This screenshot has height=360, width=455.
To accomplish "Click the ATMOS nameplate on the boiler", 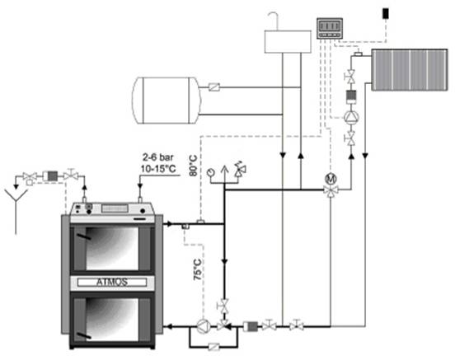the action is click(x=112, y=282).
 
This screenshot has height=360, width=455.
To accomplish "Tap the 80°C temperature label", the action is click(x=193, y=166).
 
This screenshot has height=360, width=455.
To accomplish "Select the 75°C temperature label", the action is click(x=198, y=269).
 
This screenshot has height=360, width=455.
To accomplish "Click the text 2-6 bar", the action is click(x=158, y=157).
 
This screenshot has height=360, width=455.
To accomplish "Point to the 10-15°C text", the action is click(x=158, y=169).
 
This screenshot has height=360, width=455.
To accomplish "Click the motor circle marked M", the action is click(x=331, y=178).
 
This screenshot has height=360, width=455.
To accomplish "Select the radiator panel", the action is click(x=410, y=70).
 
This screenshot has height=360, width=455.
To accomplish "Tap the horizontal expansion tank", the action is click(x=166, y=101).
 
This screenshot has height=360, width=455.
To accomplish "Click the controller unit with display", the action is click(x=330, y=28).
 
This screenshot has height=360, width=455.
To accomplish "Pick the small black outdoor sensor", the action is click(x=386, y=13).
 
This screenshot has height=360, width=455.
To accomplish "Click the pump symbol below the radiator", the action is click(x=351, y=117).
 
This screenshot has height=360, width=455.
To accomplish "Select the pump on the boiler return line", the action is click(x=203, y=326).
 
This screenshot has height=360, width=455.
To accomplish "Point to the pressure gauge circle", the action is click(x=210, y=172).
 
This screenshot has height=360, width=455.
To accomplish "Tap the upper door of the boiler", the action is click(x=112, y=249).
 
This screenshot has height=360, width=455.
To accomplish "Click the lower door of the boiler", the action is click(x=112, y=319).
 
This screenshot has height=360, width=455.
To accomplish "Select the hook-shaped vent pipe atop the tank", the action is click(x=274, y=21).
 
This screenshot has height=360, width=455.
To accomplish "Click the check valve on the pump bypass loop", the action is click(x=213, y=347).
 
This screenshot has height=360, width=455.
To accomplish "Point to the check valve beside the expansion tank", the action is click(x=214, y=87).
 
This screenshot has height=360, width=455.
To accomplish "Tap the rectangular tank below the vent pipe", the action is click(x=288, y=42).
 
